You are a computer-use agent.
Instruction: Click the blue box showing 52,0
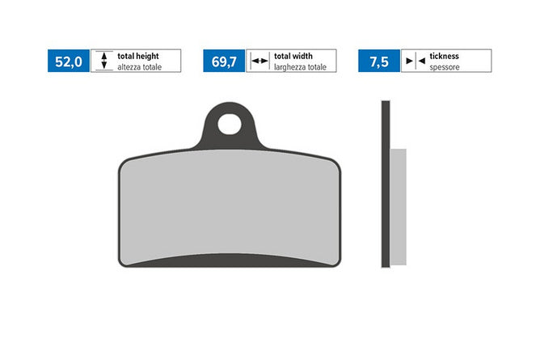coord(69,61)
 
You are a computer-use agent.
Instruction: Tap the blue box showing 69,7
coord(224,61)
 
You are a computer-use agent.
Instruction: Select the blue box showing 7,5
coord(379,61)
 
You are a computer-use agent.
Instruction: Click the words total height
coord(138,56)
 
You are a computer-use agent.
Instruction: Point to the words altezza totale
coord(140,67)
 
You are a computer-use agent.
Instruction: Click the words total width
coord(293,56)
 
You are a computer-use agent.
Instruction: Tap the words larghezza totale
coord(300,67)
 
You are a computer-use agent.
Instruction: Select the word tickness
coord(445,56)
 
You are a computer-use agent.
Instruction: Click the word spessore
coord(445,67)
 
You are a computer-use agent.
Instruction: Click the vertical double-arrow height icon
coord(104,61)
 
